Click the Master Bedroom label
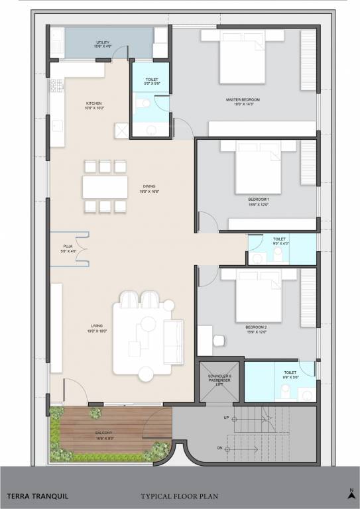tap(242, 101)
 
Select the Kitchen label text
tap(93, 105)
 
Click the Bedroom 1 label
tap(259, 201)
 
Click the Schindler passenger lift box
tap(219, 381)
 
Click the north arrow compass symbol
tap(351, 492)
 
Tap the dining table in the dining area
tap(105, 186)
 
